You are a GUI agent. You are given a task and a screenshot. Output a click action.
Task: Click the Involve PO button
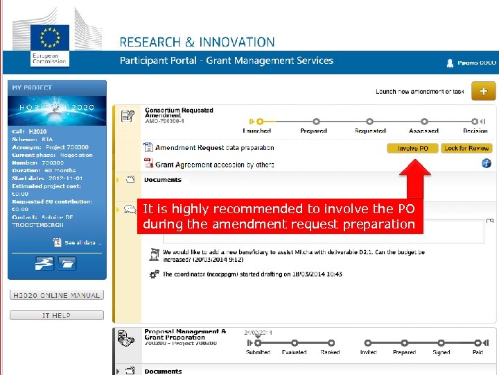(x=413, y=148)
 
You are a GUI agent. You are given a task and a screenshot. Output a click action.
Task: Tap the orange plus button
(x=483, y=91)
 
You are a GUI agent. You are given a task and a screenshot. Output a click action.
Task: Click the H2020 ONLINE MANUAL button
(x=57, y=295)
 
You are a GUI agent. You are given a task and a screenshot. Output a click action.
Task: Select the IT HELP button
(x=57, y=315)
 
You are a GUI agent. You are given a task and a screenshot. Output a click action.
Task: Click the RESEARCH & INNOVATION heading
(x=198, y=42)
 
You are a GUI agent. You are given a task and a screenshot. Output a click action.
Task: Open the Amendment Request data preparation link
(x=214, y=148)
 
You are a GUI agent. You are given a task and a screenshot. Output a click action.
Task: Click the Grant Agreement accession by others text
(x=214, y=165)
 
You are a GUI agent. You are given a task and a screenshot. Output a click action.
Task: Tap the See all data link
(x=82, y=243)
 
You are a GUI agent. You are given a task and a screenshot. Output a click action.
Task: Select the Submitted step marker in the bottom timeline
(x=258, y=342)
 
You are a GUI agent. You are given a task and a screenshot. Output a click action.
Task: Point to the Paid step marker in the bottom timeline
(x=478, y=342)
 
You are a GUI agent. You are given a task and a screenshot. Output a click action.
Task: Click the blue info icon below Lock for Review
(x=486, y=163)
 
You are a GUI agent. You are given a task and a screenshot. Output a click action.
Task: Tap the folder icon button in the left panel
(x=67, y=263)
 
